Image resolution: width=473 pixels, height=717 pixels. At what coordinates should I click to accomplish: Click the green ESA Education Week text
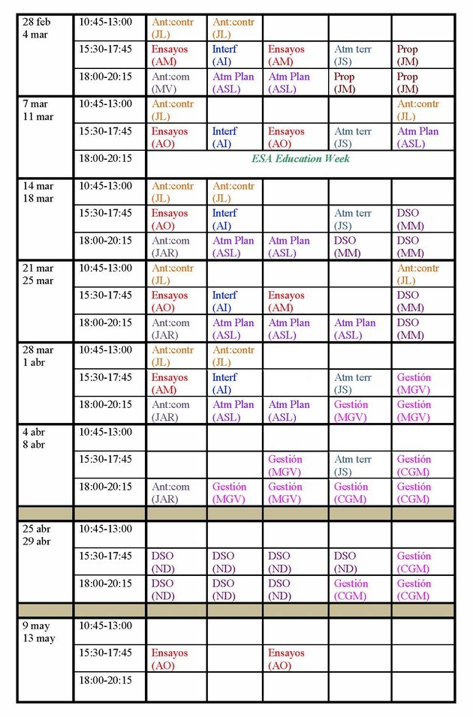pos(300,158)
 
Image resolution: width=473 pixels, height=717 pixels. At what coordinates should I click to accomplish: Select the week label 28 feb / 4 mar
pos(38,28)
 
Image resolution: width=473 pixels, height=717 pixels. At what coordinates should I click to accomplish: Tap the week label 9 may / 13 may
pos(39,631)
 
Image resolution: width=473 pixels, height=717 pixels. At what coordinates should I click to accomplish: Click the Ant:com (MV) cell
pos(171,82)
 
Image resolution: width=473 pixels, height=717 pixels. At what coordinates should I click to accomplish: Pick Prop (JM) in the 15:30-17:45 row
pos(408,55)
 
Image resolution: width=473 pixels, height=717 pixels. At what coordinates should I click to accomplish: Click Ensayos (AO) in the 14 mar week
pos(170,219)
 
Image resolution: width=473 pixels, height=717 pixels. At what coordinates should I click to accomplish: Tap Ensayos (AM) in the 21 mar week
pos(287,301)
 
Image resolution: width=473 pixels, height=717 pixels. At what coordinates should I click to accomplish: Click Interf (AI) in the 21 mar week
pos(224,301)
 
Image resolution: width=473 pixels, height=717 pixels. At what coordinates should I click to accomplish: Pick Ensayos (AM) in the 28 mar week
pos(170,383)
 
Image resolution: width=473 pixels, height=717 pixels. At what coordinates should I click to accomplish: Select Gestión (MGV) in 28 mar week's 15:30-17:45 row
pos(414,383)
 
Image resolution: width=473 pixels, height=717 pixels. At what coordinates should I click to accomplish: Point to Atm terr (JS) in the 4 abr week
pos(353,465)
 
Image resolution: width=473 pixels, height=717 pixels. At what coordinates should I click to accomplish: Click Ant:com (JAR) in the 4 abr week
pos(171,493)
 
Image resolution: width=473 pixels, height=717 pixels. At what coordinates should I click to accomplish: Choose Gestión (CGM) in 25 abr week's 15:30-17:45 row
pos(414,562)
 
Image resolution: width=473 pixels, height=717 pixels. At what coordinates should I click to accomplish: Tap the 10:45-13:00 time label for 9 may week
pos(105,625)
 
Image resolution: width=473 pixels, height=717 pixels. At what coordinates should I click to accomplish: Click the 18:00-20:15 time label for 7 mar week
pos(105,158)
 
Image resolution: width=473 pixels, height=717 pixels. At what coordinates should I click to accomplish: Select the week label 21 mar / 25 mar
pos(38,274)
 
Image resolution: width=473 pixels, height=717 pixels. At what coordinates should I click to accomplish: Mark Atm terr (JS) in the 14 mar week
pos(353,219)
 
